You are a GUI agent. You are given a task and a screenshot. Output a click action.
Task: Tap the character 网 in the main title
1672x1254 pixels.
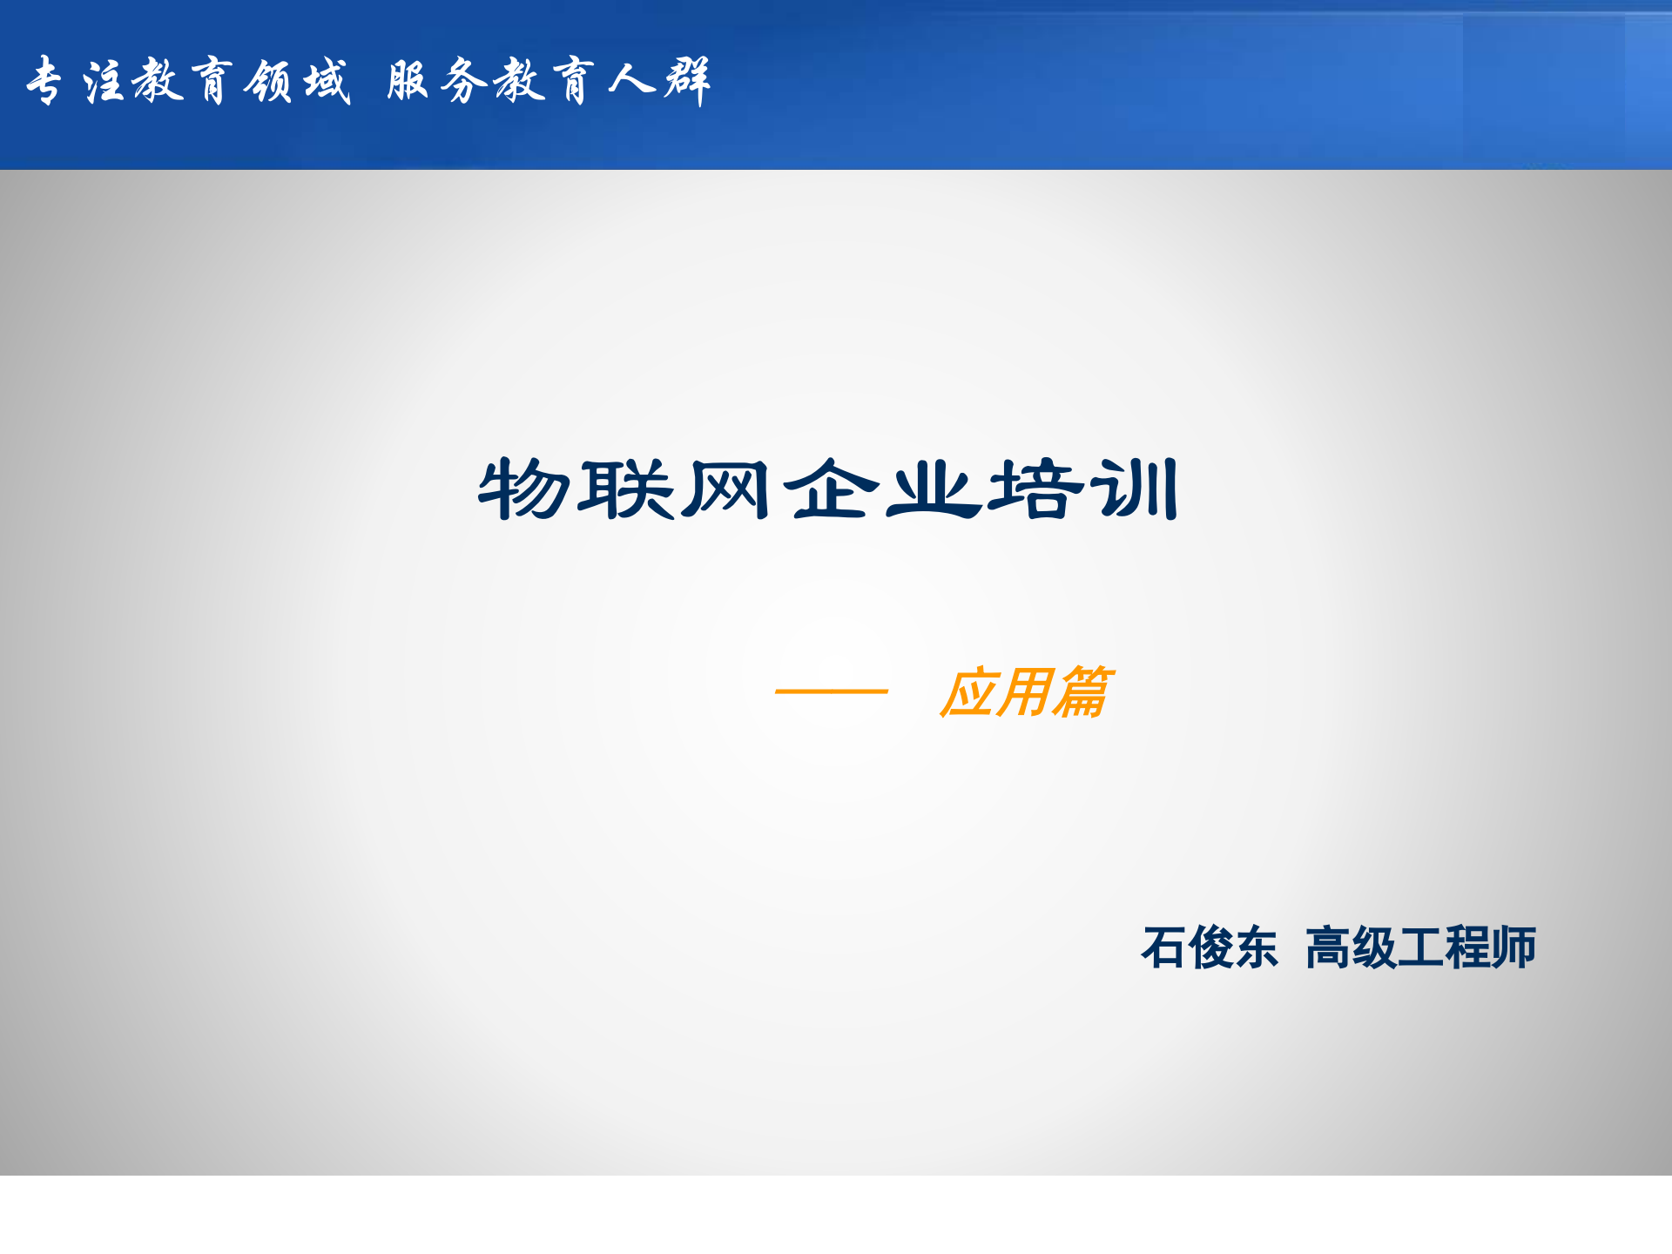point(725,489)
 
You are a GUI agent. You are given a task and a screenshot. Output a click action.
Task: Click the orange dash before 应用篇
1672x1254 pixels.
point(831,691)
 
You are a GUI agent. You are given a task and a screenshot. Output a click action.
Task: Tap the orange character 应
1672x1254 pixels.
point(968,693)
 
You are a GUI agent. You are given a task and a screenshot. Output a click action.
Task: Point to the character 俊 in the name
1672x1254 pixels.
point(1210,947)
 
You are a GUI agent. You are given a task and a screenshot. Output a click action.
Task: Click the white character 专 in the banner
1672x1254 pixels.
point(44,81)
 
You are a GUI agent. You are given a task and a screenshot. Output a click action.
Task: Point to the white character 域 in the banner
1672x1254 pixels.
point(327,81)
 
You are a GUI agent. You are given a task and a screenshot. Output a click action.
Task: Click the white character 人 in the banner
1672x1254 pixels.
point(630,81)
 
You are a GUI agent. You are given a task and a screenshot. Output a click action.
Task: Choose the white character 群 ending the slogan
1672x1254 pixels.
point(688,81)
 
